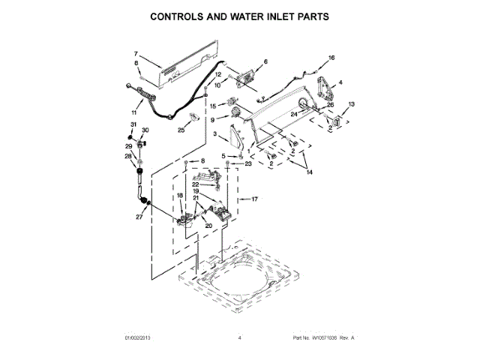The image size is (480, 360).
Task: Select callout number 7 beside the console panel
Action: (136, 53)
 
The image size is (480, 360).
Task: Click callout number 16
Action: (331, 58)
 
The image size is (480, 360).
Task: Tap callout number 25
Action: (180, 130)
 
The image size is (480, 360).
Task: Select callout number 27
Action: (138, 217)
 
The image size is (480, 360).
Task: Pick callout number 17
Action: (254, 199)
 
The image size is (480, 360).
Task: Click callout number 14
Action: (310, 172)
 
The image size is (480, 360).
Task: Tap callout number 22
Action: (195, 184)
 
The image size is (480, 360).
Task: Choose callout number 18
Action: (179, 196)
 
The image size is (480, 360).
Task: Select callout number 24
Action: (294, 113)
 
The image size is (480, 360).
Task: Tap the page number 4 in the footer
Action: (239, 339)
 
